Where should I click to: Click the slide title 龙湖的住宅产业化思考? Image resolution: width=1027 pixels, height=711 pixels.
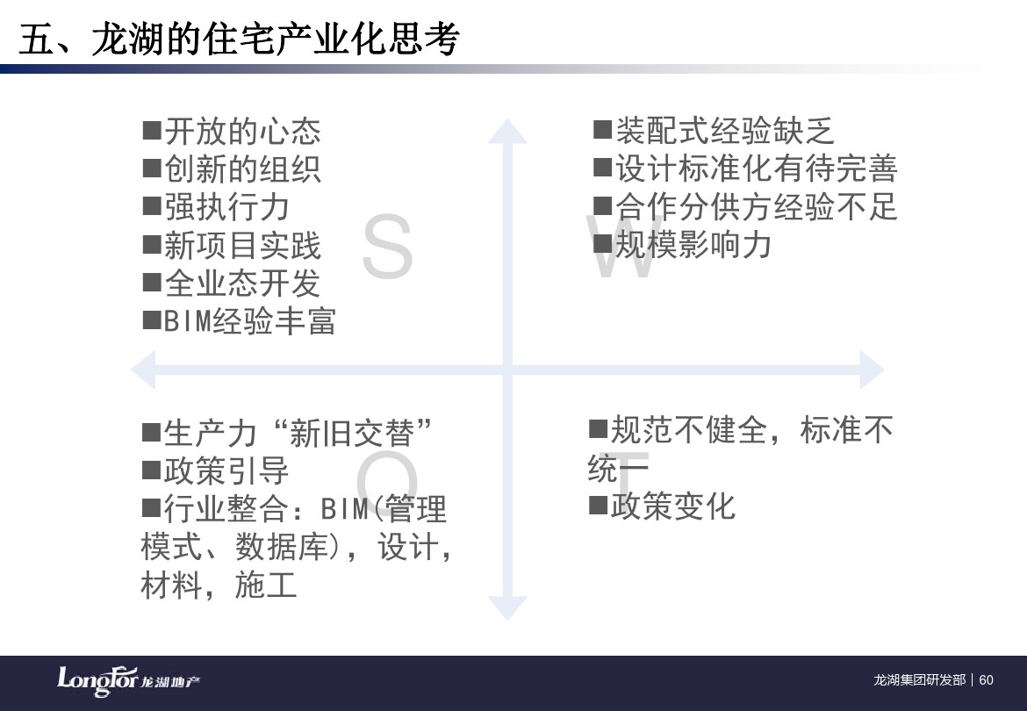click(275, 39)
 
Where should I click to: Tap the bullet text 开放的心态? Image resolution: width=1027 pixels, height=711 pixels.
click(242, 131)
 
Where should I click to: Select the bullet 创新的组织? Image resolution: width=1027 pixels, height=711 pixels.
click(242, 169)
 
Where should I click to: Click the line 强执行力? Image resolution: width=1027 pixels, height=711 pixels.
click(226, 207)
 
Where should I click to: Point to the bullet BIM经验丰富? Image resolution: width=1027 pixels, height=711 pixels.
click(249, 321)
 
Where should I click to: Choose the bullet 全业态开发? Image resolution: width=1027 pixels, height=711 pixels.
click(242, 284)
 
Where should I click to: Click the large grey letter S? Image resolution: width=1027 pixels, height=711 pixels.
click(387, 247)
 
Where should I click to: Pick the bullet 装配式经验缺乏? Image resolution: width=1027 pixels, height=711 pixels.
click(724, 131)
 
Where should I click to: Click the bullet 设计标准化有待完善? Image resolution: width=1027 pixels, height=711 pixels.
click(756, 169)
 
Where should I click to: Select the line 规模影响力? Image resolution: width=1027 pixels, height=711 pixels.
click(693, 245)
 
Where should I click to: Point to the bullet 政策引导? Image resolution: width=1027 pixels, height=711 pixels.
click(226, 470)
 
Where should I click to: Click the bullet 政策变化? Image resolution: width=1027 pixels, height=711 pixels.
click(673, 506)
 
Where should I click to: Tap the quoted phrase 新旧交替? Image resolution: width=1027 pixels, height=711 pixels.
click(352, 433)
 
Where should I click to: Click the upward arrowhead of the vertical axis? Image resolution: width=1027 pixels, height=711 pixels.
click(507, 131)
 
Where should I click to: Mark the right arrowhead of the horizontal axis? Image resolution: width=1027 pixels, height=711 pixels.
click(873, 370)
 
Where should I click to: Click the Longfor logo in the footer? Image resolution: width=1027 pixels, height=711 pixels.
click(128, 681)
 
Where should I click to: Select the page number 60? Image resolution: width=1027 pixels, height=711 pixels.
click(987, 680)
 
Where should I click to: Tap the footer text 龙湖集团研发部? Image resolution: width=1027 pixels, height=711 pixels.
click(920, 680)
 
